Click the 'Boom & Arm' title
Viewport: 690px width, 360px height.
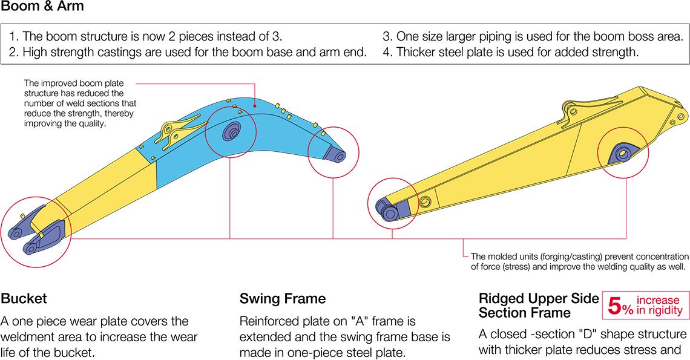(x=42, y=8)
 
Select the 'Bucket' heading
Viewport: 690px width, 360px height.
(x=24, y=298)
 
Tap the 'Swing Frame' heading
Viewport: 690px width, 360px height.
(x=283, y=298)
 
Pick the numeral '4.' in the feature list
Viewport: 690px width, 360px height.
(x=387, y=52)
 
